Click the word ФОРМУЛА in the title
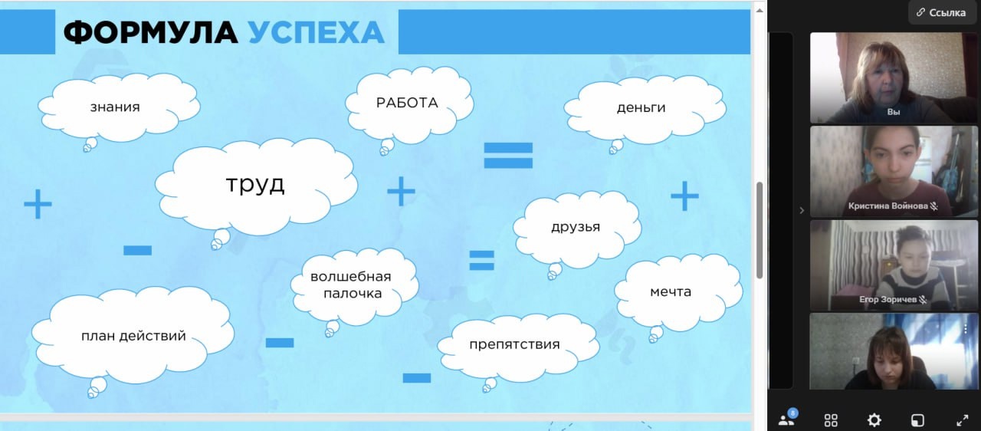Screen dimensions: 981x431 click(x=151, y=32)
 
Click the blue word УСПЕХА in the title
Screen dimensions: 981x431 click(x=317, y=32)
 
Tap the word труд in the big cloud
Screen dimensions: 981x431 click(x=255, y=184)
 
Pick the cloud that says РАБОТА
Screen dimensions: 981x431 click(x=409, y=104)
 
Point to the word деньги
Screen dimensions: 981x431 click(x=641, y=107)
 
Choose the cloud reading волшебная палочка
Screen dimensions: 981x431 click(x=354, y=285)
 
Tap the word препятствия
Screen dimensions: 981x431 click(x=514, y=344)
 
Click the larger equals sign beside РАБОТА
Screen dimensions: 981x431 click(x=508, y=156)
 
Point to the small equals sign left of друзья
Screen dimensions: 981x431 click(x=482, y=260)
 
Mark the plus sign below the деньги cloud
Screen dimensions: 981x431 click(x=684, y=196)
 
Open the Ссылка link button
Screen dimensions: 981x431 click(x=942, y=13)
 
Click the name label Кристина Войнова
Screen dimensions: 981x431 click(x=888, y=206)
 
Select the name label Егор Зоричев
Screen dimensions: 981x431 click(x=887, y=300)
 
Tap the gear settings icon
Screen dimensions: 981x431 click(x=874, y=420)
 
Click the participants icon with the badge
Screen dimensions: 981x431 click(x=787, y=418)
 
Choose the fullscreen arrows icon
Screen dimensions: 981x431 click(x=962, y=420)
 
